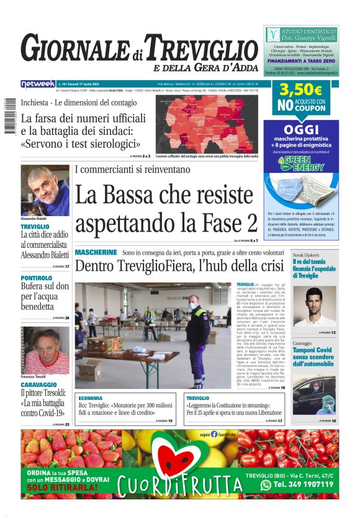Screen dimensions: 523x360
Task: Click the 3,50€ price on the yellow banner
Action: click(301, 90)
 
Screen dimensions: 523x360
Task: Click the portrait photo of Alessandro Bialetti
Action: click(45, 191)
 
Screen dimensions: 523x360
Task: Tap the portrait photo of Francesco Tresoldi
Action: click(45, 350)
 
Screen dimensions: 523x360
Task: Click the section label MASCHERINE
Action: click(96, 253)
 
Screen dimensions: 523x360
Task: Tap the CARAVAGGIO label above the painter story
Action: click(39, 385)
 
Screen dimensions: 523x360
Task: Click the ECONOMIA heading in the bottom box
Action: click(91, 398)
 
